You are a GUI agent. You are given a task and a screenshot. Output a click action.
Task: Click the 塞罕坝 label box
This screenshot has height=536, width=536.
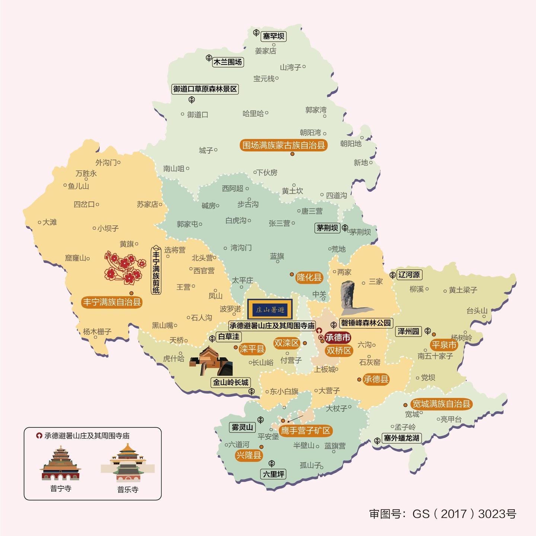274,36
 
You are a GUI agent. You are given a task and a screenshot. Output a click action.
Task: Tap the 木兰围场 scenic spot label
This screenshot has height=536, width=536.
227,62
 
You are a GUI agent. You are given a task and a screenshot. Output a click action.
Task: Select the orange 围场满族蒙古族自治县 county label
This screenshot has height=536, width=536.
284,145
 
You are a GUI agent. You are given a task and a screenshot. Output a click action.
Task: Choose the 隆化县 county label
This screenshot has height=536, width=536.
309,277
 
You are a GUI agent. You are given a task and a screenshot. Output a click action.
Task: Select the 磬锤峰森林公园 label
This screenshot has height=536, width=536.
366,323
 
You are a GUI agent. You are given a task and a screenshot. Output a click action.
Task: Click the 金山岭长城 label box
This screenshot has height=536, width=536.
230,382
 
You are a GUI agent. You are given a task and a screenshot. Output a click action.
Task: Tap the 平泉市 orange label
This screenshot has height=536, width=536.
444,345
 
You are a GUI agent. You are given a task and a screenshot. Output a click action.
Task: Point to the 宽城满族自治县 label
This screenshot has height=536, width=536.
441,404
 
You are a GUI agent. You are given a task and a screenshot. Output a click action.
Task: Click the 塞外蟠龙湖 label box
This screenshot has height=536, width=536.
402,438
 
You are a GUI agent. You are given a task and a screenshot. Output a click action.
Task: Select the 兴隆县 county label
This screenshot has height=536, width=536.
249,455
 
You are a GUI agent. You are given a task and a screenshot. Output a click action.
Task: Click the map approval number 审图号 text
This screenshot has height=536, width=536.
443,514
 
